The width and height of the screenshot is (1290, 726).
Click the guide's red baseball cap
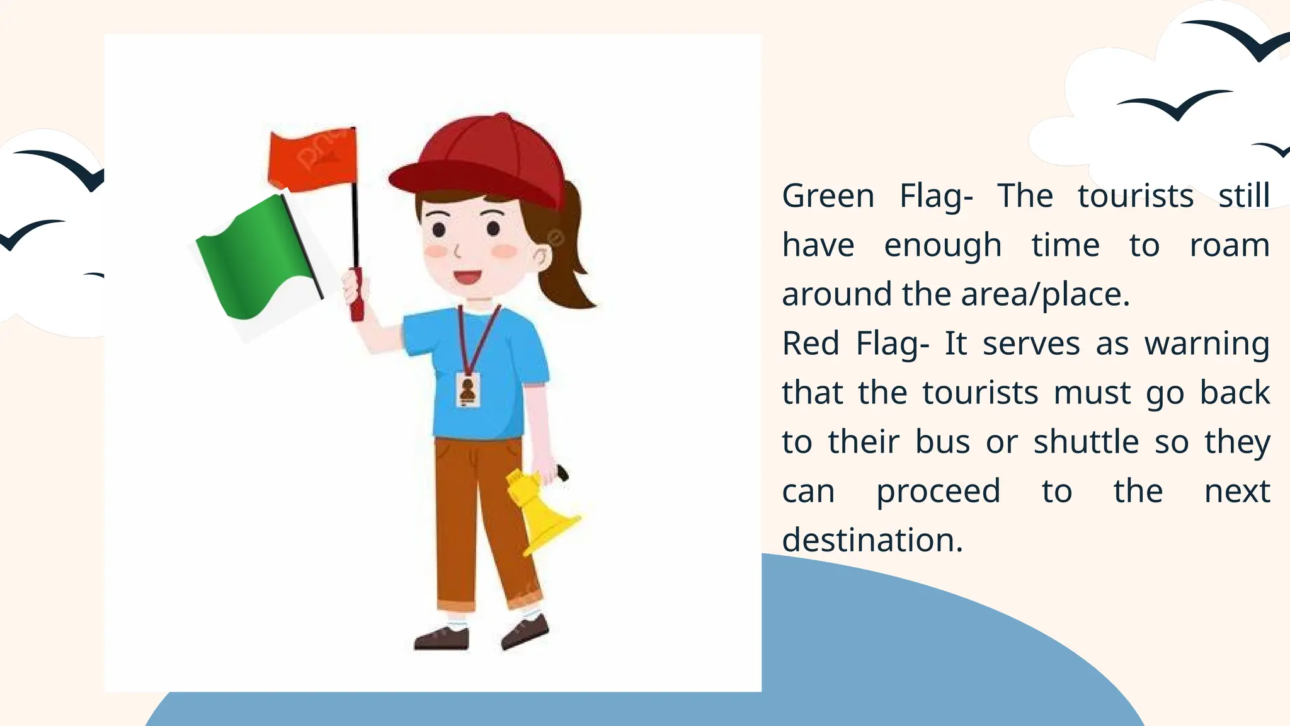485,158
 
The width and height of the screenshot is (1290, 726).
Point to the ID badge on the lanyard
468,389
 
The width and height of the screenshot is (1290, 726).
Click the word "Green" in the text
828,196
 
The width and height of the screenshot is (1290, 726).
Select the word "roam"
1229,245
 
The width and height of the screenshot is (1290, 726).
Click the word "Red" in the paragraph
811,344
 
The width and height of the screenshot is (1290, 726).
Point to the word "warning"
1206,344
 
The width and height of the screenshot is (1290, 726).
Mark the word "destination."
872,541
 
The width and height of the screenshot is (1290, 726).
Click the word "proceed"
938,492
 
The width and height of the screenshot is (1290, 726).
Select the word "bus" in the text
942,442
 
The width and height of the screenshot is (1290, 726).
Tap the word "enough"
942,245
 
